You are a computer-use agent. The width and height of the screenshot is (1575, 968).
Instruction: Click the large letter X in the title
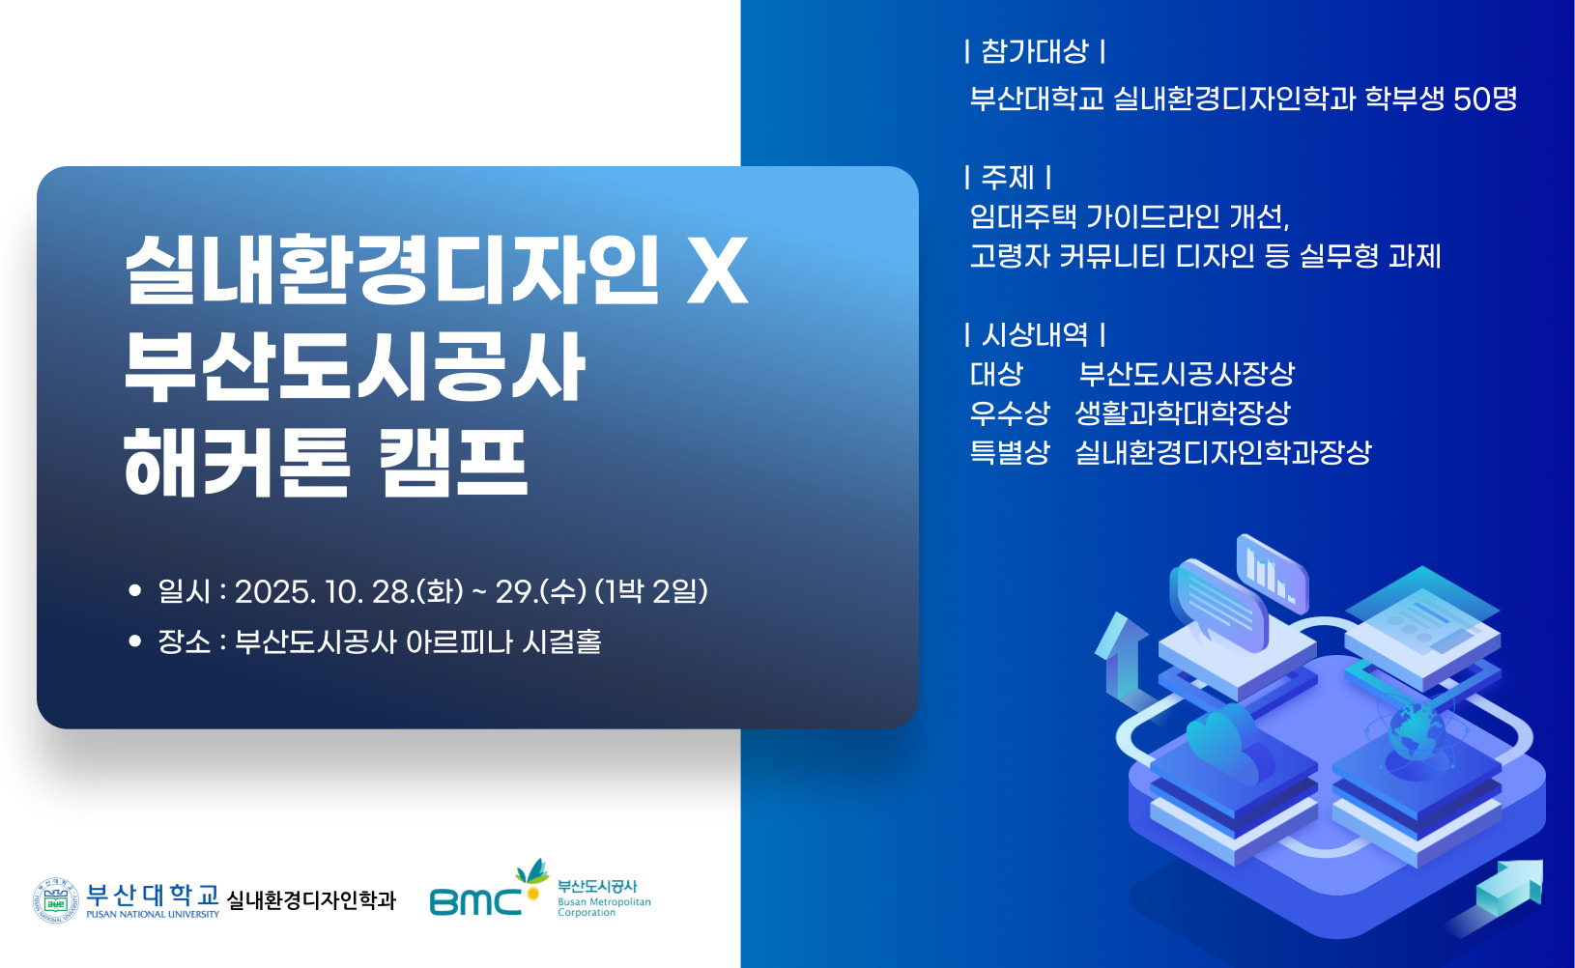click(717, 270)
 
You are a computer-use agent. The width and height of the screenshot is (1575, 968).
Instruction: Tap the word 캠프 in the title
click(453, 464)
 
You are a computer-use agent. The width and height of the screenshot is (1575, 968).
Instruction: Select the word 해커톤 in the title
click(237, 464)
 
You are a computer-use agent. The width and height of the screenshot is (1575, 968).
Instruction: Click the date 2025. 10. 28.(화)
click(349, 591)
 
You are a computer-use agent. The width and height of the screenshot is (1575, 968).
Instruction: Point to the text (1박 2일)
click(651, 591)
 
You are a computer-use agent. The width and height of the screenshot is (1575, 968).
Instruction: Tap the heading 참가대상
click(1034, 51)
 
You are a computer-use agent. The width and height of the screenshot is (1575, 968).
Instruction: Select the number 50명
click(1486, 100)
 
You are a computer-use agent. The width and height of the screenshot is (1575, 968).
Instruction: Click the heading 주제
click(1008, 177)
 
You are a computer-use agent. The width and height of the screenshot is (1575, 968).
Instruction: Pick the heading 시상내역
click(1034, 334)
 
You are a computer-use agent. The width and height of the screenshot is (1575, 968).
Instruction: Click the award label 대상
click(996, 374)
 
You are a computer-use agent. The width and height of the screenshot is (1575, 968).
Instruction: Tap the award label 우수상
click(1010, 413)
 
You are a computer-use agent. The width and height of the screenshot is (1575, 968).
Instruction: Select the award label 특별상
click(1010, 452)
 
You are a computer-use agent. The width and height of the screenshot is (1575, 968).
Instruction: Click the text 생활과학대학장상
click(1183, 413)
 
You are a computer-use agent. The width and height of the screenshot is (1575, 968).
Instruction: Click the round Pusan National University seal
click(56, 900)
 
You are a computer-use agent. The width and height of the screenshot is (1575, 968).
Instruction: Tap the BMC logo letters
click(476, 902)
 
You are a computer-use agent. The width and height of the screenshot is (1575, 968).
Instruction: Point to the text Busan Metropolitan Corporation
click(604, 907)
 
